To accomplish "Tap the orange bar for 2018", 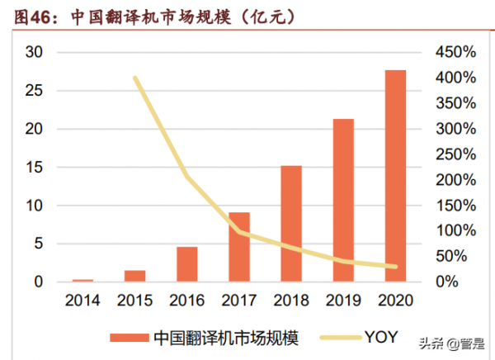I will coord(291,224).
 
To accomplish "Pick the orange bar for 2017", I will coord(239,247).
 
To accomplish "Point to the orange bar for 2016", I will coord(187,264).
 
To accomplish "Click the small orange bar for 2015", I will coord(135,276).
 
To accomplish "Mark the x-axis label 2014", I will coord(82,301).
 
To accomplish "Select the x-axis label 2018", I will coord(291,301).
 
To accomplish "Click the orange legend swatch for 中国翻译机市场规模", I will coord(130,337).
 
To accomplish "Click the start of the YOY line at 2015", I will coord(135,78).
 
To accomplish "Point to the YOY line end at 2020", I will coord(395,267).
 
